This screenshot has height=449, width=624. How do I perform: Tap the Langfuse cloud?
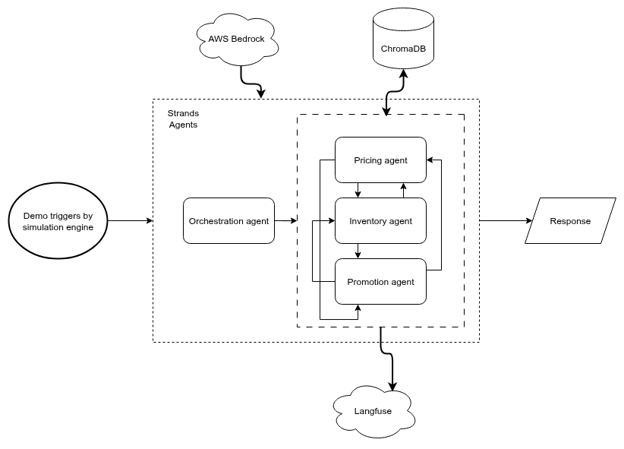pyautogui.click(x=373, y=411)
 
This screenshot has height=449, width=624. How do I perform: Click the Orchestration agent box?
pyautogui.click(x=228, y=221)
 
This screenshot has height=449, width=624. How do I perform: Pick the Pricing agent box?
pyautogui.click(x=380, y=160)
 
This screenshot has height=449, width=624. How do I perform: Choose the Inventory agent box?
pyautogui.click(x=380, y=221)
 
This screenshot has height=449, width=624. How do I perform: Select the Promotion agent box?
pyautogui.click(x=380, y=282)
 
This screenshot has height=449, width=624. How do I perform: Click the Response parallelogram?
pyautogui.click(x=570, y=221)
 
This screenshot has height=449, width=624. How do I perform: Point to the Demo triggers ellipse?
pyautogui.click(x=58, y=221)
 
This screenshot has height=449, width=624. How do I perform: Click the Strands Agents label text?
pyautogui.click(x=183, y=119)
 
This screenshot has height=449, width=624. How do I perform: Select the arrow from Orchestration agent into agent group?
pyautogui.click(x=285, y=221)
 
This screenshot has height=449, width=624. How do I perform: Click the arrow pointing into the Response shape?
pyautogui.click(x=506, y=221)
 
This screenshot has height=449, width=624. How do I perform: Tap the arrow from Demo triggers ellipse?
pyautogui.click(x=130, y=221)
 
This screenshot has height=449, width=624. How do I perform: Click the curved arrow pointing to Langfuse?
pyautogui.click(x=386, y=361)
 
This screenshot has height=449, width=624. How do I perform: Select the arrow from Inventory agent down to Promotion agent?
pyautogui.click(x=358, y=251)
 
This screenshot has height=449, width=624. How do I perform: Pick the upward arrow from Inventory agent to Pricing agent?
pyautogui.click(x=403, y=191)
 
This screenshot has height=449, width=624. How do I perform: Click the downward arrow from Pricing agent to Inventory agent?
pyautogui.click(x=358, y=191)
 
